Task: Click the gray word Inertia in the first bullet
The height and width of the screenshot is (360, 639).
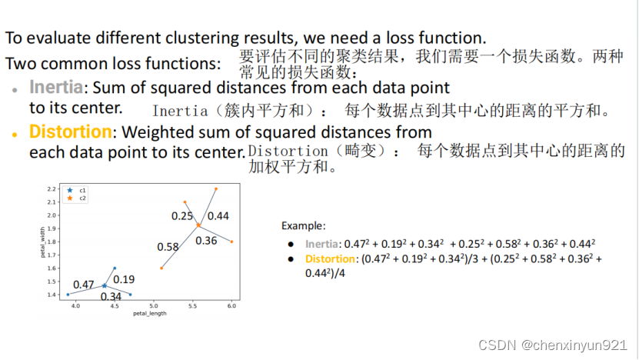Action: [56, 87]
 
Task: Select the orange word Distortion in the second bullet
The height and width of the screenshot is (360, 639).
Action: [71, 132]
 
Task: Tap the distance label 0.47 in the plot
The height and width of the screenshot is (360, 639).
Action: [84, 284]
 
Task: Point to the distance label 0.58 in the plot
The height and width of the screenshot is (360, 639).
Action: [168, 247]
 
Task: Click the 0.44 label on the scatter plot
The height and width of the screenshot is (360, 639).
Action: [218, 215]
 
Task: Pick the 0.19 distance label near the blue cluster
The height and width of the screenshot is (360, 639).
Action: [124, 279]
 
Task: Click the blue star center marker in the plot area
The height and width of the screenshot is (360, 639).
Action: [105, 286]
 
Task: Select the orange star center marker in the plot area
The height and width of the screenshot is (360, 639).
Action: [198, 225]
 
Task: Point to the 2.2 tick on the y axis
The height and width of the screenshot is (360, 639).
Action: [52, 188]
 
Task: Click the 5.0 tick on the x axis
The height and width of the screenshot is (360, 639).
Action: [154, 306]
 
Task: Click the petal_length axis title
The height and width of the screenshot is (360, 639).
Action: [150, 314]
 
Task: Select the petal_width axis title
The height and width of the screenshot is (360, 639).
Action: [42, 242]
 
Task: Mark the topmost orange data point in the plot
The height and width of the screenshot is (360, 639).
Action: [216, 188]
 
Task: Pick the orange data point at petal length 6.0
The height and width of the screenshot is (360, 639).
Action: [231, 242]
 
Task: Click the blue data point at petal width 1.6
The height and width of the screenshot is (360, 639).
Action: [115, 268]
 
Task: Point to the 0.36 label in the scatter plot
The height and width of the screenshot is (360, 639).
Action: [206, 241]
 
